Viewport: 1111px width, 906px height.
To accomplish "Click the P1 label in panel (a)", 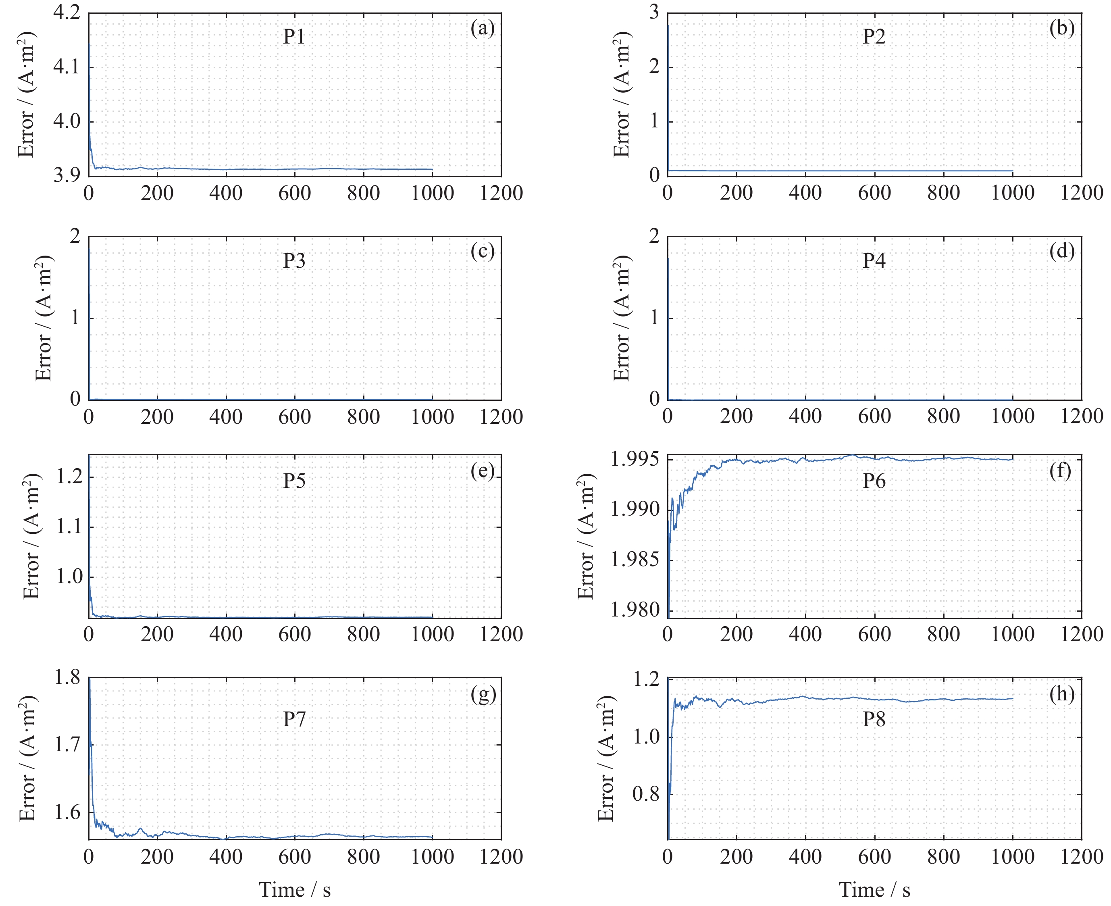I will (294, 37).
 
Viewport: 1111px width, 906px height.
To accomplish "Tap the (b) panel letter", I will (1061, 28).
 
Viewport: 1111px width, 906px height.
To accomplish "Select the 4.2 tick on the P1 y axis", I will (67, 12).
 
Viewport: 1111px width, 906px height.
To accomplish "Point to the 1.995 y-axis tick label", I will (635, 459).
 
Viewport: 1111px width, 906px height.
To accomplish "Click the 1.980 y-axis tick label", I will (635, 610).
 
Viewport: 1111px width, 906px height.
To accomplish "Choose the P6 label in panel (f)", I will (874, 481).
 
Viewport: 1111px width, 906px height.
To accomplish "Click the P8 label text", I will (874, 719).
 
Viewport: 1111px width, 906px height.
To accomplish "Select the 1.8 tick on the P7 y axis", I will (67, 678).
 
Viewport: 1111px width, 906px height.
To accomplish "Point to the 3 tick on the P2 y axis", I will (654, 12).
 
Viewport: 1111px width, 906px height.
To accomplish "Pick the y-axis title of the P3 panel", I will (44, 319).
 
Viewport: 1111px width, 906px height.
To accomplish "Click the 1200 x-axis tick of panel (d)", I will (1081, 417).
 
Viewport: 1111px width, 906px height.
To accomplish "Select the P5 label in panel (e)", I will (294, 481).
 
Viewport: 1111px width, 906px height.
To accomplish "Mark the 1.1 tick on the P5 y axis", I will (70, 527).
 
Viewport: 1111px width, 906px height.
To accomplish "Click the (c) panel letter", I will (482, 252).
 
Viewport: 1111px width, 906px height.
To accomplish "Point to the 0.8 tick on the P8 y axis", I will (646, 794).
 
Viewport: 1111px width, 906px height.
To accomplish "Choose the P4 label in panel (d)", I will (874, 261).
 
